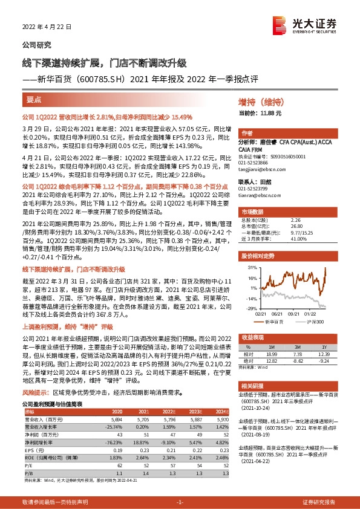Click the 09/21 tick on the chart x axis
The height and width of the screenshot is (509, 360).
pos(296,313)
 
